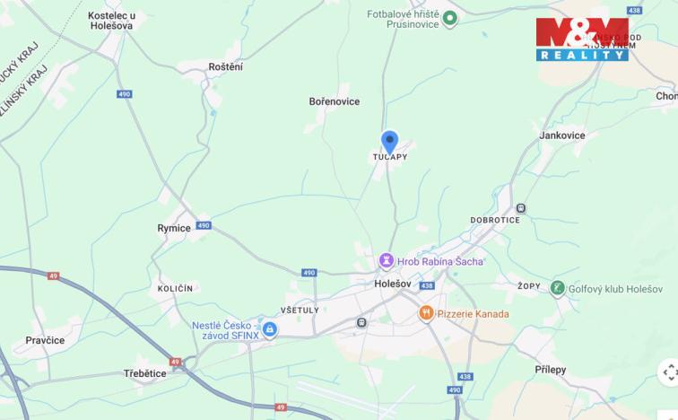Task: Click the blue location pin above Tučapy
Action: (x=389, y=142)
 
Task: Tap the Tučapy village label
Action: (x=390, y=157)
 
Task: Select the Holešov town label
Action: (x=392, y=284)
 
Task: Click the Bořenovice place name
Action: (x=334, y=101)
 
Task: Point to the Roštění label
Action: (x=225, y=66)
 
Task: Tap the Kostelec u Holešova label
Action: (x=111, y=21)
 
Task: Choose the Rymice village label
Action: (x=174, y=228)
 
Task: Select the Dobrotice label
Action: (x=494, y=218)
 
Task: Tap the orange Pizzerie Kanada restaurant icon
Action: (x=426, y=313)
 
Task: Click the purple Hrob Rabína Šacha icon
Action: (x=387, y=261)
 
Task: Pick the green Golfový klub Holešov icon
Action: (x=557, y=288)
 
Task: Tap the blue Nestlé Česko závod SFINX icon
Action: (x=269, y=329)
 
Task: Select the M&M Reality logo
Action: (x=582, y=39)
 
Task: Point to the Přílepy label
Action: (x=550, y=370)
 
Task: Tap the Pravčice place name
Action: (x=45, y=340)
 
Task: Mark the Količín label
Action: (x=175, y=288)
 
